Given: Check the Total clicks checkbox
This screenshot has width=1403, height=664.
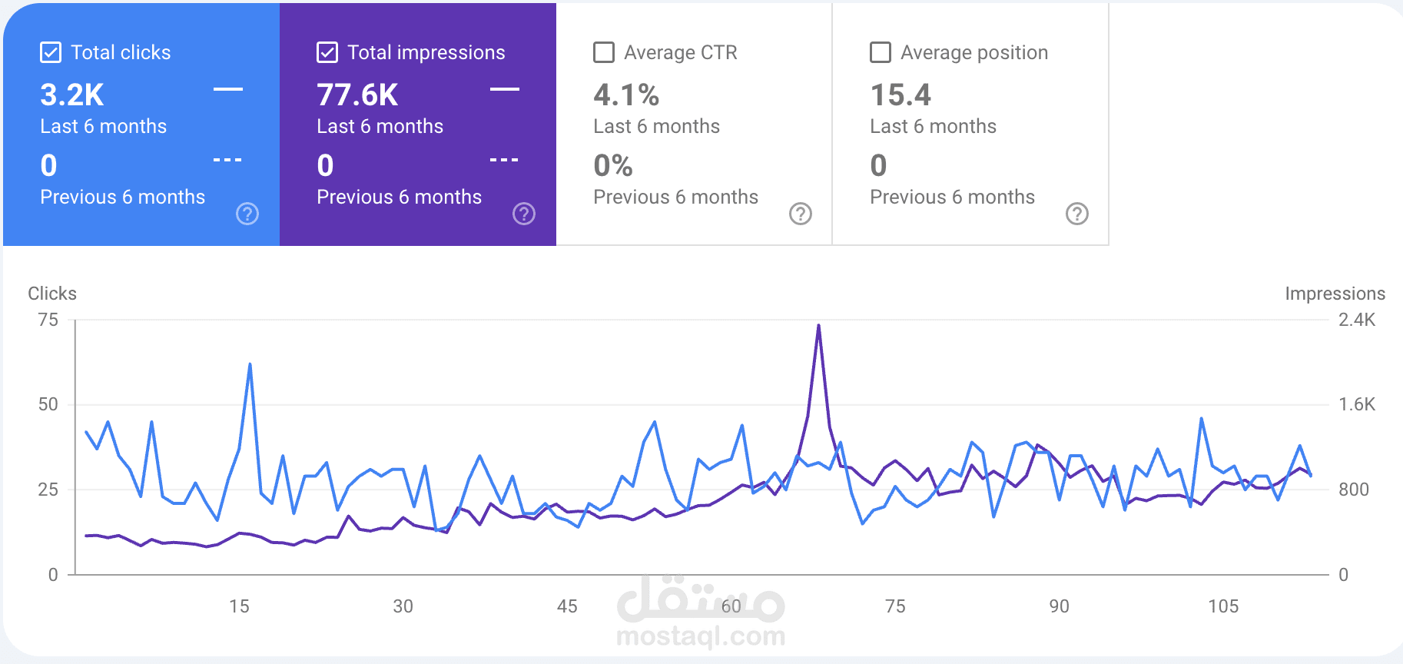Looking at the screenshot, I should click(x=51, y=52).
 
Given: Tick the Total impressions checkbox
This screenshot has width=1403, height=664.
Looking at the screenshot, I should click(x=327, y=52).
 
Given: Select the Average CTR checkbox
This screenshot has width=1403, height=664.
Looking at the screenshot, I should click(x=604, y=52).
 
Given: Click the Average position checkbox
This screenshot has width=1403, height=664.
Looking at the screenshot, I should click(x=881, y=52).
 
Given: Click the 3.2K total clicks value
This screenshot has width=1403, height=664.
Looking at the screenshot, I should click(x=72, y=95).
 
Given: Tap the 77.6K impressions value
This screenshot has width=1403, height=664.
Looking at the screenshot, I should click(x=357, y=95).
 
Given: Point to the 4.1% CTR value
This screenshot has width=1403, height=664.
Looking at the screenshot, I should click(x=626, y=95).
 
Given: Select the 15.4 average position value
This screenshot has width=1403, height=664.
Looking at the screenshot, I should click(x=901, y=95).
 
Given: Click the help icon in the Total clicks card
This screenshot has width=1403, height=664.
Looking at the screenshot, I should click(x=247, y=214).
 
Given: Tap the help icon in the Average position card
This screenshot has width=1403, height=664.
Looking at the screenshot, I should click(x=1077, y=214).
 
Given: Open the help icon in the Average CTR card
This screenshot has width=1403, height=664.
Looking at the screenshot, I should click(x=801, y=214).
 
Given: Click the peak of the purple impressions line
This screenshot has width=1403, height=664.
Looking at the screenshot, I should click(x=818, y=326).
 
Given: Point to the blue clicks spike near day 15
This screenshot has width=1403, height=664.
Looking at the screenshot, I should click(x=250, y=365).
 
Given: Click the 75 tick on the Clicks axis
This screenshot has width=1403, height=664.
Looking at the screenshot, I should click(x=48, y=320).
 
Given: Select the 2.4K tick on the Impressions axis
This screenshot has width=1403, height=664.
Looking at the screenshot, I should click(x=1357, y=320).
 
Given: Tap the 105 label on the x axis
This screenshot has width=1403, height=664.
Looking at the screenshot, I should click(x=1223, y=606).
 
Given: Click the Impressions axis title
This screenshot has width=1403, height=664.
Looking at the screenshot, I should click(x=1335, y=294).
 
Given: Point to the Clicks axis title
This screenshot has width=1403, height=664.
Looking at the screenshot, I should click(x=52, y=294).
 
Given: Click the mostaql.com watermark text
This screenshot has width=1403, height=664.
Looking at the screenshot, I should click(x=701, y=636).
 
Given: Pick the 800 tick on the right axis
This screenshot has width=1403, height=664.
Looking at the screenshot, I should click(x=1354, y=490).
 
